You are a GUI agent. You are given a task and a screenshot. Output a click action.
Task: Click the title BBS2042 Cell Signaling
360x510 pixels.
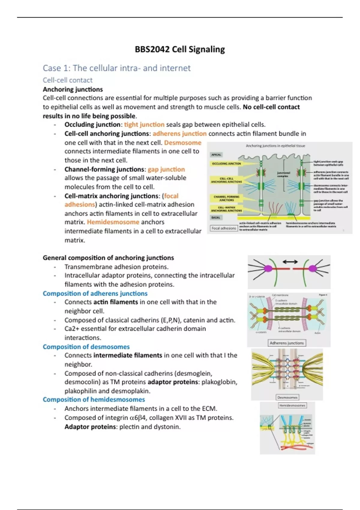click(x=180, y=49)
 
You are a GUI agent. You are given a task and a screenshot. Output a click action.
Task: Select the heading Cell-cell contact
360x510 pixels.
click(x=67, y=80)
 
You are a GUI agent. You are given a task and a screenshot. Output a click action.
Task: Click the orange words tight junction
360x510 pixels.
click(x=144, y=124)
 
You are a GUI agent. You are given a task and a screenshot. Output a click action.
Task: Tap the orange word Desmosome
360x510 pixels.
click(x=183, y=142)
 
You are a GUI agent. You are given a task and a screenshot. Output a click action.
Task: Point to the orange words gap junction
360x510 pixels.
click(x=166, y=169)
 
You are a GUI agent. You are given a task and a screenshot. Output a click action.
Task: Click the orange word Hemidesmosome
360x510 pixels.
click(x=113, y=222)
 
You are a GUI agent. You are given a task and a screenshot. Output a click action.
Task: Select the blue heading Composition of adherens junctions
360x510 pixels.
click(x=95, y=293)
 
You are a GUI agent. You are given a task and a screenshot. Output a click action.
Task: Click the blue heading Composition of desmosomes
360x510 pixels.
click(x=86, y=347)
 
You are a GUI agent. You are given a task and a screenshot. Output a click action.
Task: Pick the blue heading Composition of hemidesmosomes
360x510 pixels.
click(x=94, y=400)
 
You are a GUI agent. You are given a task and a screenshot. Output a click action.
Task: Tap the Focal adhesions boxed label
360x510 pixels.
click(x=224, y=228)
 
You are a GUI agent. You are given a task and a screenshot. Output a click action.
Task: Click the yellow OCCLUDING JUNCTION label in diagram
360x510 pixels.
click(x=226, y=164)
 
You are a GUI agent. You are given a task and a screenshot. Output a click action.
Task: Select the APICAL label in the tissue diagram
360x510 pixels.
click(x=216, y=155)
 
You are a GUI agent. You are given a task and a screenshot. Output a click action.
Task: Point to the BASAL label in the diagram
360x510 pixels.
click(x=216, y=217)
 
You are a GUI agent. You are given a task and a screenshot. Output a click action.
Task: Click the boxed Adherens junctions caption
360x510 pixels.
click(x=287, y=343)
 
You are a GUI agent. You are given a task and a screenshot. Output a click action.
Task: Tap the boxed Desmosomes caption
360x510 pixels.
click(x=287, y=397)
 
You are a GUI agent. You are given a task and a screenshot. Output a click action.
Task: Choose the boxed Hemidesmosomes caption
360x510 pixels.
click(x=292, y=405)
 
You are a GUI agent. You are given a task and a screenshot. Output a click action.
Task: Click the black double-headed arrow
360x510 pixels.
click(x=290, y=262)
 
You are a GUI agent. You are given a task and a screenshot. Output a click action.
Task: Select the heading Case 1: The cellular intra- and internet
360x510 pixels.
click(x=116, y=68)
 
